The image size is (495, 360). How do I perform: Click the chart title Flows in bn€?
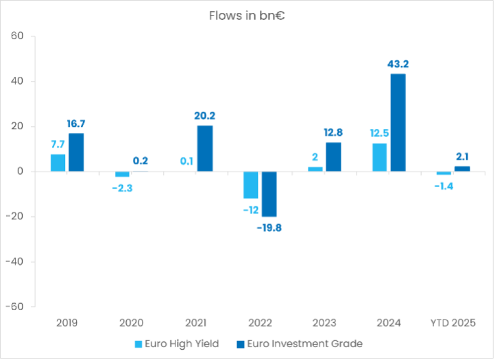tap(247, 16)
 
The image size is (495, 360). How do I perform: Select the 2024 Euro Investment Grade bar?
tap(398, 122)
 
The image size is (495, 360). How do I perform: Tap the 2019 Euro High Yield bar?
tap(58, 162)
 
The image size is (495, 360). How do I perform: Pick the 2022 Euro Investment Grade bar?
tap(269, 194)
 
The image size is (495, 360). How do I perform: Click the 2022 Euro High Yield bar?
tap(251, 185)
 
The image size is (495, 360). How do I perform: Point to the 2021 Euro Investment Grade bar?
tap(205, 149)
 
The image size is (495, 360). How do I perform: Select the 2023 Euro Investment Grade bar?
tap(333, 157)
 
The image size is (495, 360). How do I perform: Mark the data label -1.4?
tap(443, 186)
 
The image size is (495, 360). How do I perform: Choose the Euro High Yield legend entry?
tap(176, 343)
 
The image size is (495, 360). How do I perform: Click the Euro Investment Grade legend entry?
tap(299, 343)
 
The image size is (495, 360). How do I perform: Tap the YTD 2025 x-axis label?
tap(453, 323)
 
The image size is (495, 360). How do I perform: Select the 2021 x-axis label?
tap(196, 323)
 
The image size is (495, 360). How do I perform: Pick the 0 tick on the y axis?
tap(20, 171)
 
